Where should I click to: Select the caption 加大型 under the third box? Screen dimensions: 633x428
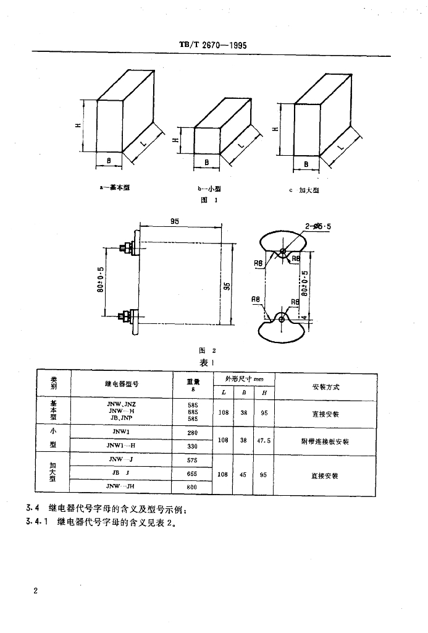(308, 190)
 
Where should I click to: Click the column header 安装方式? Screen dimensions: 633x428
(326, 387)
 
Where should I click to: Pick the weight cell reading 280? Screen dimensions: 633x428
(192, 433)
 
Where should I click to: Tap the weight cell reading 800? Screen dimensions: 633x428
(192, 488)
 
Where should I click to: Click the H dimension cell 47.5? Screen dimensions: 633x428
(264, 441)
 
